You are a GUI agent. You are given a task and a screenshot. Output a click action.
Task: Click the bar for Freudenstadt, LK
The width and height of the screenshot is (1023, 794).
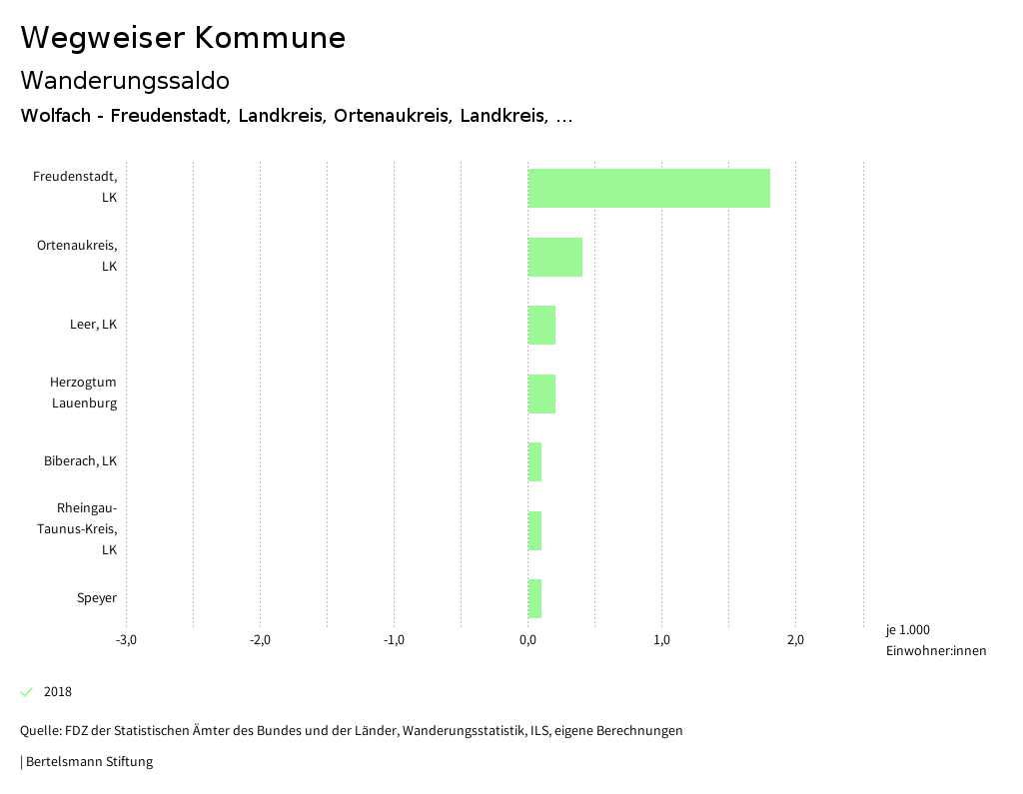[x=648, y=188]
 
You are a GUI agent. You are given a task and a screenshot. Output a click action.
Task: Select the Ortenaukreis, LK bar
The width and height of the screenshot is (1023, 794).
[x=554, y=257]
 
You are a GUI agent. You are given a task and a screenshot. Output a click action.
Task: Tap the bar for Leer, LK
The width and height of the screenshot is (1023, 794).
[x=541, y=325]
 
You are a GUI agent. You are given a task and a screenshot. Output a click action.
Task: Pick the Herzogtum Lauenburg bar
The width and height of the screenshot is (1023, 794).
[x=541, y=394]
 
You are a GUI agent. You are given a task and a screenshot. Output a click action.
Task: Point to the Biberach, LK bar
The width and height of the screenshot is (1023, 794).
[x=534, y=461]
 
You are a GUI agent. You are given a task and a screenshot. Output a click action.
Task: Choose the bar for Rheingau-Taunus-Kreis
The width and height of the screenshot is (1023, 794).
[x=534, y=530]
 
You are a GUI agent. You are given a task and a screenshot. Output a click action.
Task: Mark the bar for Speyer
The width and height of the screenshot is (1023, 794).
[x=534, y=598]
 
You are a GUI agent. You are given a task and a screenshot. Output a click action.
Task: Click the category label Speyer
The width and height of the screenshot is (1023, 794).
[x=97, y=598]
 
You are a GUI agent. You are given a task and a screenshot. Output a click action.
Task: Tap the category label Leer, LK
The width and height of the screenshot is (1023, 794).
[x=93, y=325]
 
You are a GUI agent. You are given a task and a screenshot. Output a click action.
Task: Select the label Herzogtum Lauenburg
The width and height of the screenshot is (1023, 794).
[x=84, y=393]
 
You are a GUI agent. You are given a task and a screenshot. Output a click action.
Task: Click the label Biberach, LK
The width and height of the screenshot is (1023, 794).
[x=80, y=461]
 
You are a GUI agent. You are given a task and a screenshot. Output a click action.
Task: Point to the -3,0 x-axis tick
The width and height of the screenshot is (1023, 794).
[x=127, y=640]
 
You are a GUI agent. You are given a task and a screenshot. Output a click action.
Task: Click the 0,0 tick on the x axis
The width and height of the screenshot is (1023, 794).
[x=527, y=640]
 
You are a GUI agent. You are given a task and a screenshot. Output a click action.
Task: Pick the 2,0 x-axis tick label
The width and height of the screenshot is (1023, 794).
[x=795, y=640]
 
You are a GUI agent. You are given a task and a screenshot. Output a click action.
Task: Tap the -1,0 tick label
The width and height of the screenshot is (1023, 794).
[x=394, y=640]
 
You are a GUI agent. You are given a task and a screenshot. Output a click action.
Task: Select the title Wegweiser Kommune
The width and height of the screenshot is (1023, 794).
[x=183, y=38]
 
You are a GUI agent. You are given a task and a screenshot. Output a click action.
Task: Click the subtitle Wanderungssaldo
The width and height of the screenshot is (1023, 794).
[x=125, y=80]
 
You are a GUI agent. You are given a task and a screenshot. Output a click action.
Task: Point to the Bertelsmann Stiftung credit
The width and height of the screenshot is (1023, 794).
[x=88, y=762]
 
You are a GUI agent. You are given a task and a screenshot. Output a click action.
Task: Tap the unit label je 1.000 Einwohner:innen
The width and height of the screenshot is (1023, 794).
[x=935, y=640]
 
